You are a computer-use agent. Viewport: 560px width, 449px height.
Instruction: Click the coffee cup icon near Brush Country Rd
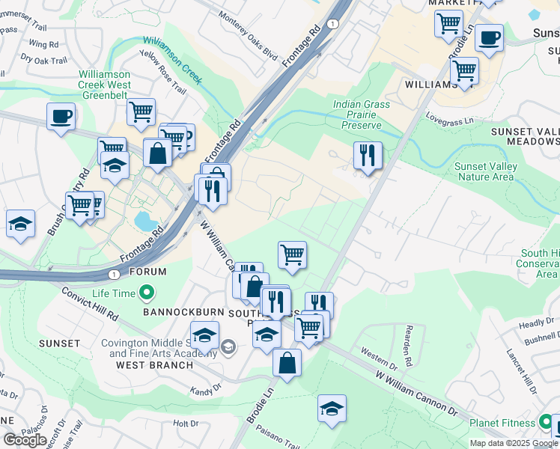[x=61, y=117]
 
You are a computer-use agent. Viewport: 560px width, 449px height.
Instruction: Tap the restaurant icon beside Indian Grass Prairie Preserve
[x=368, y=156]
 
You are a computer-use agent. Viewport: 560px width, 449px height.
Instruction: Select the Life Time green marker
[x=147, y=292]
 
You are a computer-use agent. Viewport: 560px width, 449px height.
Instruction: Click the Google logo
[x=24, y=439]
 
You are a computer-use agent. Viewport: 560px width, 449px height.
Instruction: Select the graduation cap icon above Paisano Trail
[x=332, y=408]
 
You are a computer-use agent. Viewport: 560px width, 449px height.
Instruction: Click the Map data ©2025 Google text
[x=513, y=443]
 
